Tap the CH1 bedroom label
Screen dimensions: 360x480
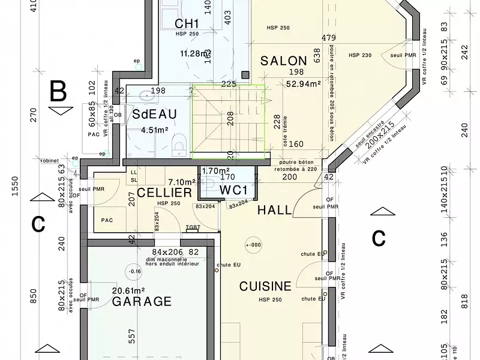(x=187, y=23)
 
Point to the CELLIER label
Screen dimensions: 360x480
(x=164, y=193)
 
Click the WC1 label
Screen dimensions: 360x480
(x=233, y=190)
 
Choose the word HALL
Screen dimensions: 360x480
(x=274, y=210)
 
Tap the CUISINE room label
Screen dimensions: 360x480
(x=265, y=286)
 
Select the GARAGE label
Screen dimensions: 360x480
(x=142, y=301)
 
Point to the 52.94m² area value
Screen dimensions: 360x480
(x=304, y=83)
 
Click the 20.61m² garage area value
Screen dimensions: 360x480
(x=129, y=290)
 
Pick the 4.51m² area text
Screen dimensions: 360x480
(x=154, y=129)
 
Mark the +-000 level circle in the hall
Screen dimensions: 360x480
(x=253, y=245)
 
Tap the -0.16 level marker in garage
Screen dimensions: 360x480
(x=136, y=271)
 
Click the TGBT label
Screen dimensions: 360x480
(x=193, y=227)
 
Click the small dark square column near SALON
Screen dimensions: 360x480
(x=245, y=74)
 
